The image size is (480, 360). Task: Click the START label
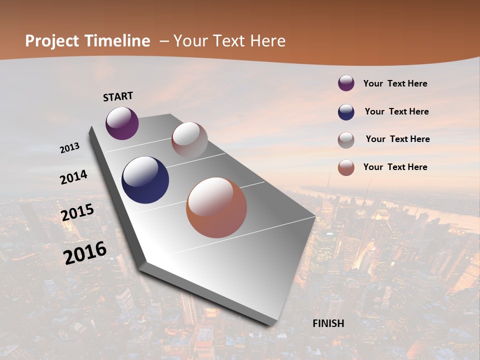tap(118, 96)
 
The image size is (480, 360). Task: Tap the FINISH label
tap(328, 323)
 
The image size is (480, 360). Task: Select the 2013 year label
tap(69, 148)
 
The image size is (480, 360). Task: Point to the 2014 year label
tap(73, 177)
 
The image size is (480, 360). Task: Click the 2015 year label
tap(77, 212)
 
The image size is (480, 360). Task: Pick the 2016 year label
tap(85, 252)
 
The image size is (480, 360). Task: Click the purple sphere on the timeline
tap(122, 123)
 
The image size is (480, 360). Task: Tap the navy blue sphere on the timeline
tap(145, 180)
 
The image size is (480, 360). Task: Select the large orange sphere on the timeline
tap(216, 207)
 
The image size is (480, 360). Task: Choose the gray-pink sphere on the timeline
tap(189, 140)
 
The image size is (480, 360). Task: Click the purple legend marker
tap(346, 83)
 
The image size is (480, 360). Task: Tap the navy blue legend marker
tap(346, 112)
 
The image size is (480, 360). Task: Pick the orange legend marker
tap(346, 167)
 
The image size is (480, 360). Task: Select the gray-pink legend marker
tap(346, 139)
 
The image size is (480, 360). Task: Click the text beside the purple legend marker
tap(395, 83)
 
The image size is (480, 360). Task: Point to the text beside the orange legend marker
tap(395, 167)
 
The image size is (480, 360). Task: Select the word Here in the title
tap(267, 41)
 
